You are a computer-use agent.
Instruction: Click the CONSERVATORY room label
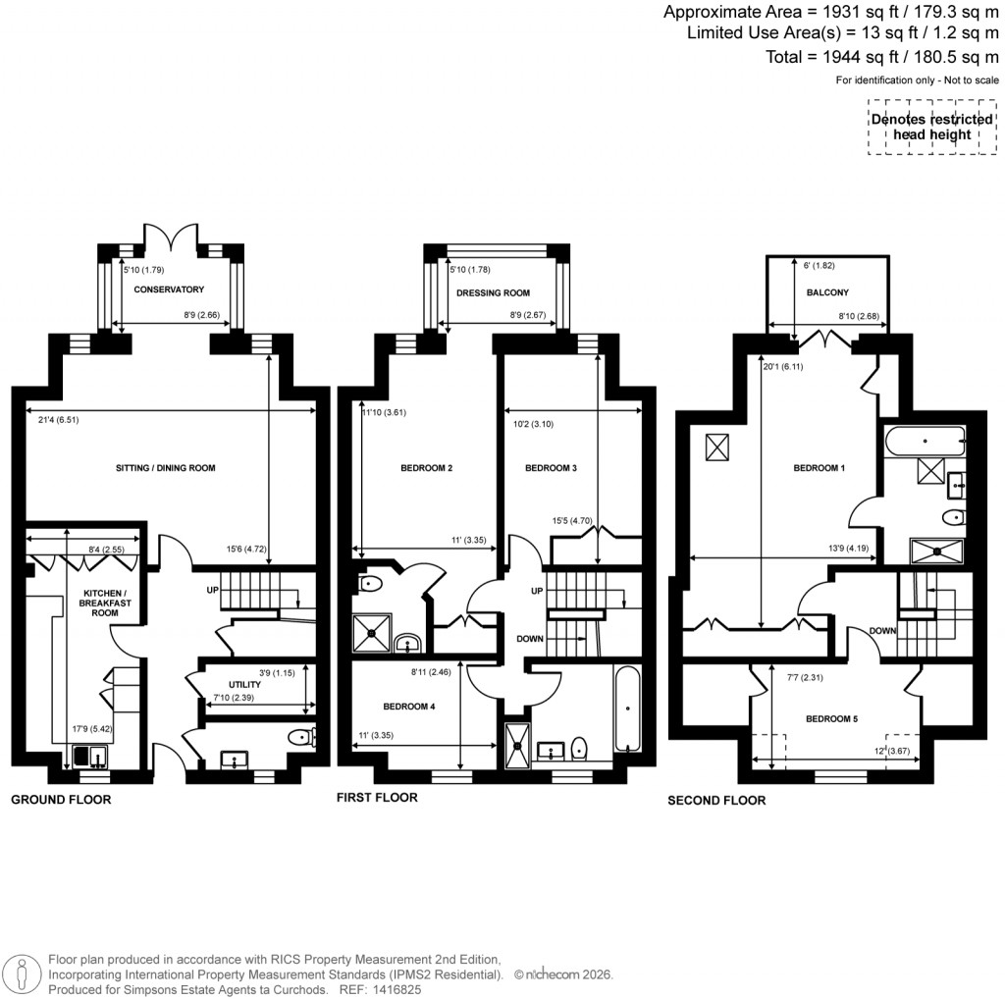pyautogui.click(x=169, y=289)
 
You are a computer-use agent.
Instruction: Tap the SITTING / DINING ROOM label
pyautogui.click(x=165, y=468)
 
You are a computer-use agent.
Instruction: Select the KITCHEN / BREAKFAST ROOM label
pyautogui.click(x=100, y=604)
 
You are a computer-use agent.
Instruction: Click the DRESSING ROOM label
pyautogui.click(x=493, y=292)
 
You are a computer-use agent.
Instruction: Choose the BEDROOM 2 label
pyautogui.click(x=426, y=468)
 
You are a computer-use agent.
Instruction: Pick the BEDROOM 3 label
pyautogui.click(x=551, y=468)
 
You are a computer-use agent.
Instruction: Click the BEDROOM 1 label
pyautogui.click(x=819, y=468)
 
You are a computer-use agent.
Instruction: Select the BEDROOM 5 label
pyautogui.click(x=831, y=719)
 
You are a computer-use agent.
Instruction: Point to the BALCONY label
pyautogui.click(x=827, y=292)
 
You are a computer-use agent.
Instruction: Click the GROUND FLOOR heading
pyautogui.click(x=61, y=800)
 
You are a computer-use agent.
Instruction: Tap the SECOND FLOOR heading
pyautogui.click(x=716, y=800)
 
